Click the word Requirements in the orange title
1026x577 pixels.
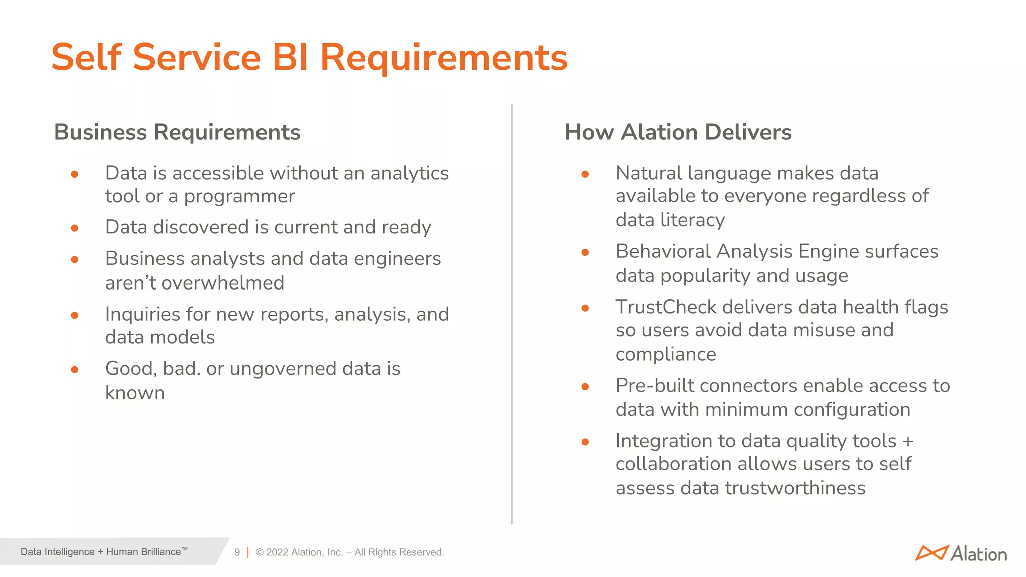point(443,57)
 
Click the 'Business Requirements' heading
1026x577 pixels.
point(177,132)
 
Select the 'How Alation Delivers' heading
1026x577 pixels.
point(677,132)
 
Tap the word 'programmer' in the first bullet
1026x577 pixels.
point(239,196)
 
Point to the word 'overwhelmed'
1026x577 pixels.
point(222,283)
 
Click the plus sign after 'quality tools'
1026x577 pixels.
point(908,442)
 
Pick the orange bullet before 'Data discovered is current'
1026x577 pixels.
point(75,228)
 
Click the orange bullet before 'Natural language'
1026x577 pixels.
point(585,174)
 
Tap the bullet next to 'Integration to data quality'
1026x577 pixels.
point(585,442)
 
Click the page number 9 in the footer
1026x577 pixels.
point(237,552)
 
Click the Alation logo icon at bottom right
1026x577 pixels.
point(931,553)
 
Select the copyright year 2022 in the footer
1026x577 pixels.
point(277,552)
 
